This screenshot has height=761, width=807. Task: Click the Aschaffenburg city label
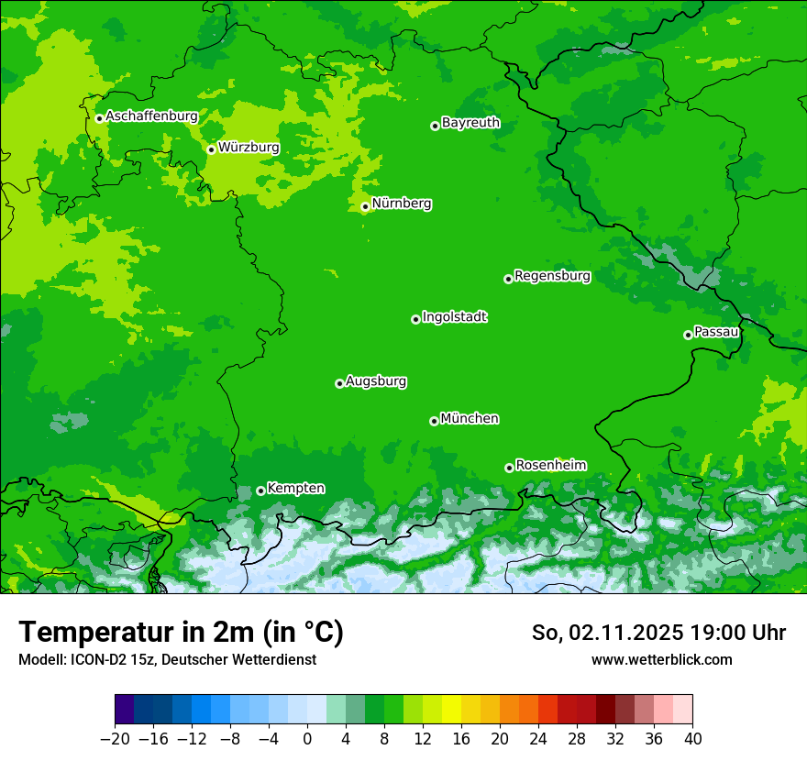click(x=151, y=116)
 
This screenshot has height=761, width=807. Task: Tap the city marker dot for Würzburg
click(x=211, y=149)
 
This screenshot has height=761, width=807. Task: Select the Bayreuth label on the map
click(x=470, y=123)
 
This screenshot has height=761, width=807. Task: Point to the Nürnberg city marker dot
click(x=365, y=206)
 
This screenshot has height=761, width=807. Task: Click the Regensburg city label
click(x=552, y=276)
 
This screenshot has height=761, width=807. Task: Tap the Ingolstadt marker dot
click(x=415, y=319)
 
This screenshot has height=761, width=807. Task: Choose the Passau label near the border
click(x=716, y=332)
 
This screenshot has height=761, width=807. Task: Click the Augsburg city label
click(x=376, y=381)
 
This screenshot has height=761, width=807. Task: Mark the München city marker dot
click(x=434, y=421)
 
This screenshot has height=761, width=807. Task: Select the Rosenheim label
click(x=550, y=465)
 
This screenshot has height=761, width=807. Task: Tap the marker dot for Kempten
click(x=260, y=491)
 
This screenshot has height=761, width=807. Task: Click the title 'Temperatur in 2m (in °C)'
click(x=181, y=633)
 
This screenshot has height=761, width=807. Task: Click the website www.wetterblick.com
click(x=661, y=659)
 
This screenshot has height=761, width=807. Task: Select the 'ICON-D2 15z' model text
click(x=100, y=659)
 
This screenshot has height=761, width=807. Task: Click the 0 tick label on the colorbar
click(x=307, y=738)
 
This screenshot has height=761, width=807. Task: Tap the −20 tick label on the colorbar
click(x=115, y=738)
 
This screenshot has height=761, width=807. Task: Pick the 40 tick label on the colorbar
click(x=692, y=738)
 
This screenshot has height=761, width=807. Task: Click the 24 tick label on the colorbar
click(x=538, y=738)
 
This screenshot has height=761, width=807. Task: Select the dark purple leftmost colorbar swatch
click(x=125, y=710)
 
